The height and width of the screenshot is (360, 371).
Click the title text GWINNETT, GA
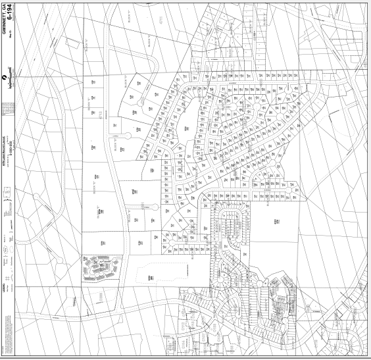coord(5,20)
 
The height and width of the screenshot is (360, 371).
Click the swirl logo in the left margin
coord(7,78)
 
